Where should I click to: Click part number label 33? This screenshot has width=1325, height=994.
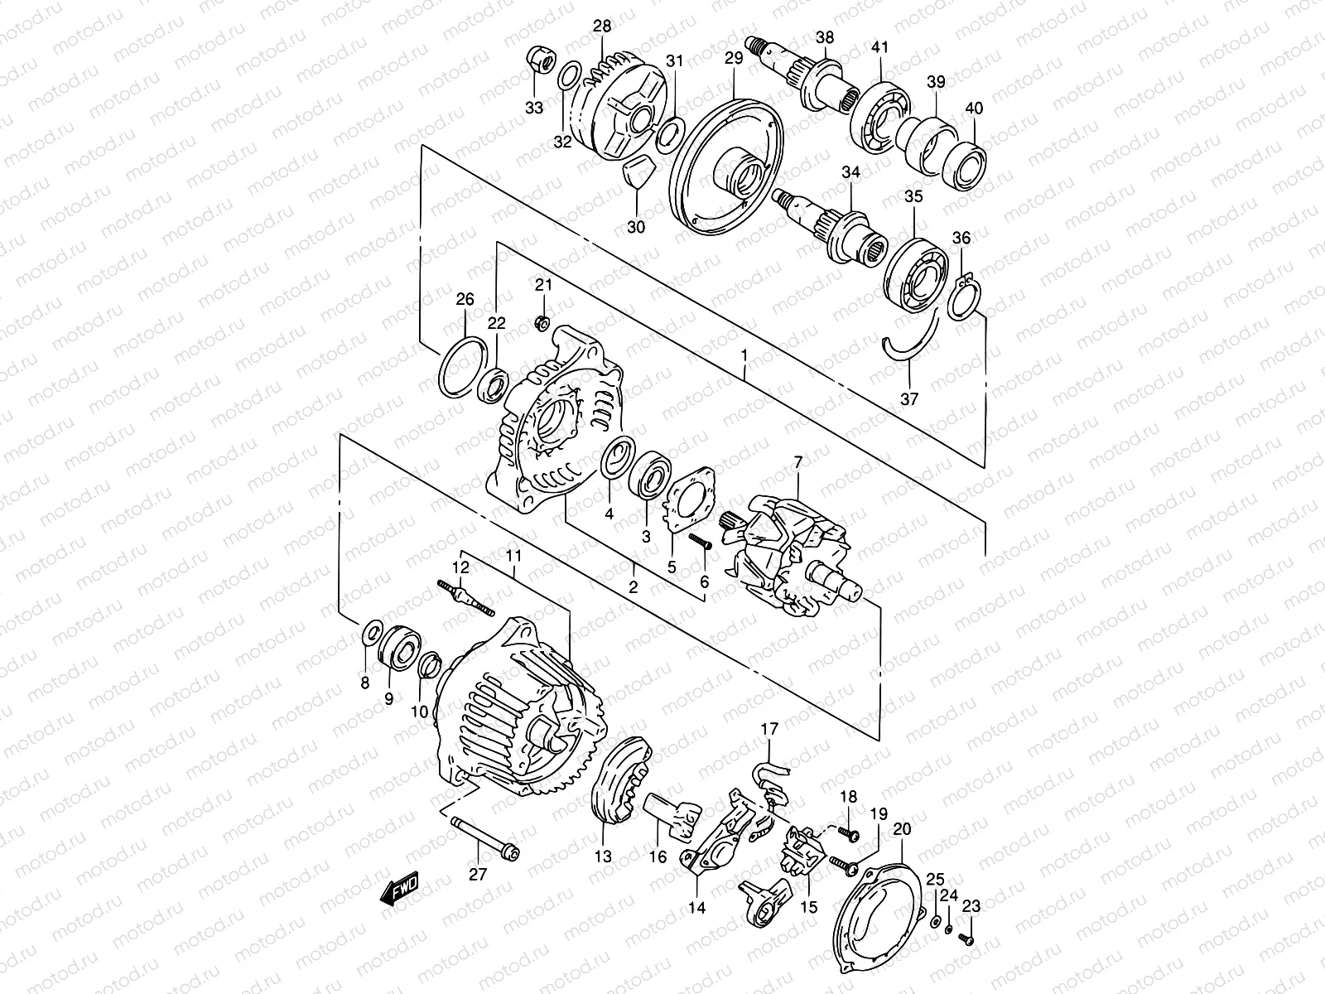(x=534, y=108)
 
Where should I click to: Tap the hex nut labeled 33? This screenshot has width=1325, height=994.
(x=536, y=60)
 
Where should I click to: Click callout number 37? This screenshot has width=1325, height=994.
(x=909, y=398)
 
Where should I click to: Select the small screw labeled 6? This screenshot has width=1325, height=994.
(x=700, y=543)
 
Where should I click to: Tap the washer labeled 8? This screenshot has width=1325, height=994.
(x=373, y=634)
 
